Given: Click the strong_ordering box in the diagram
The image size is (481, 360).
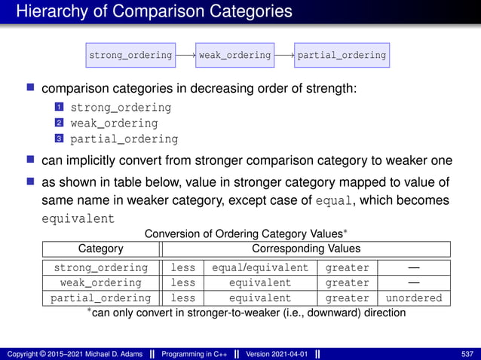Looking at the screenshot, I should point(130,55).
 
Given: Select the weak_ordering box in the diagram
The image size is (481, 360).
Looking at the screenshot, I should point(234,55).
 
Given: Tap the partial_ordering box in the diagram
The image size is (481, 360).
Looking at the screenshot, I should point(342,55).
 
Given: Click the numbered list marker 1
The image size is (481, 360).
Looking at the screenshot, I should point(57,108).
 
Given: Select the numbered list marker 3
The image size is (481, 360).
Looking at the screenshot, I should point(57,139).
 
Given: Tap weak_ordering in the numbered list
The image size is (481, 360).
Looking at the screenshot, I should point(114,124).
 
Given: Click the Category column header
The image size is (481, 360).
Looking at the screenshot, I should point(101,249).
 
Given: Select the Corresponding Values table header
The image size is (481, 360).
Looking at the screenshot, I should point(305,249).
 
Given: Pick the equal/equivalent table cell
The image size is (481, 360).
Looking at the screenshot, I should point(260,267).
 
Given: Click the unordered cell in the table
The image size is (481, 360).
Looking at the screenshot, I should point(414,298).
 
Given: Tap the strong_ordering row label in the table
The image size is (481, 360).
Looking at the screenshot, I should point(101,267).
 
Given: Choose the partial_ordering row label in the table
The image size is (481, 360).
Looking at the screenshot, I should point(101,298).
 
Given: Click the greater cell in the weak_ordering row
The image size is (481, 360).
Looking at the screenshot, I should point(347,283).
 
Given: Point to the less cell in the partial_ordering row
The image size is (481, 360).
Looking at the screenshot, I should point(183,298).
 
